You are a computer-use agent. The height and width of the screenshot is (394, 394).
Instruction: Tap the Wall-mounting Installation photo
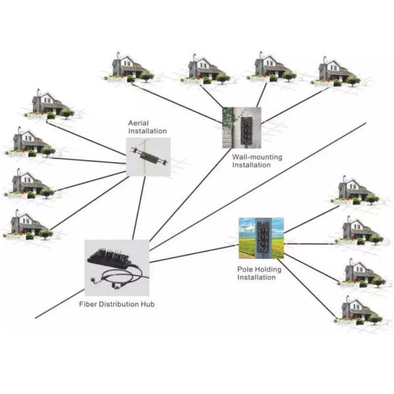click(x=242, y=127)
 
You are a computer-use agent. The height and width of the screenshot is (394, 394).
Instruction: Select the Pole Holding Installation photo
click(x=261, y=240)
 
